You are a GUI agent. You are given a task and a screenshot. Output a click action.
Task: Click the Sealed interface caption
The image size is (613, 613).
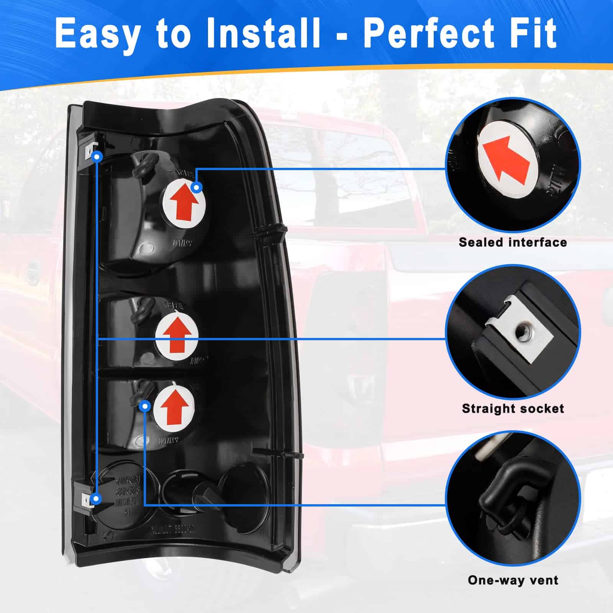pyautogui.click(x=513, y=243)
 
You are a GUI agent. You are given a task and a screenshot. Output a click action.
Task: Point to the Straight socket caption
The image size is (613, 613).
pyautogui.click(x=513, y=408)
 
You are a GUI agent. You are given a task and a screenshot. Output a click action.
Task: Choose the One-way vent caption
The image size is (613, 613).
pyautogui.click(x=513, y=580)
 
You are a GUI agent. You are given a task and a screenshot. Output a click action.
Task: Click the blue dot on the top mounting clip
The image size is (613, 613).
pyautogui.click(x=97, y=156)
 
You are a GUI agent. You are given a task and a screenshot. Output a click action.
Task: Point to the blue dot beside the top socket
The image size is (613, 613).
pyautogui.click(x=197, y=187)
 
